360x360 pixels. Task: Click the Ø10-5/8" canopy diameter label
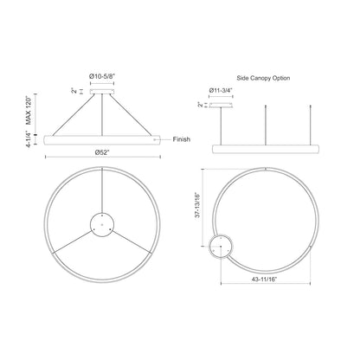[102, 76]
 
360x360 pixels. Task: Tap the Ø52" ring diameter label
[102, 152]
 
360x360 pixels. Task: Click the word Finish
[182, 139]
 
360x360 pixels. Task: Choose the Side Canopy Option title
[263, 78]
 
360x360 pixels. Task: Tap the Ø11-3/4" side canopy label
[221, 90]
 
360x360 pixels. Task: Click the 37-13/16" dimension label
[197, 205]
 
